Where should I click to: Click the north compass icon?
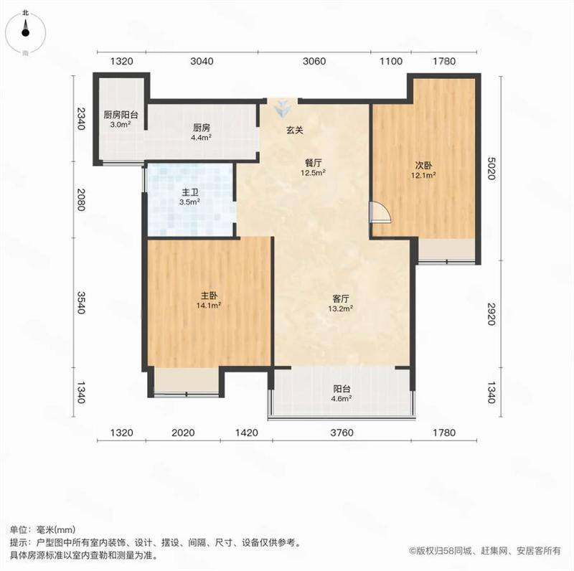click(25, 32)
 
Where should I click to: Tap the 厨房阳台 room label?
click(121, 115)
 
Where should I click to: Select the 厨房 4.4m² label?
click(202, 133)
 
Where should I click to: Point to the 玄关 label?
click(295, 130)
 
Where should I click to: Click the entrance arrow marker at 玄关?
click(282, 108)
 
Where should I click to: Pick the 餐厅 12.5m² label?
click(314, 167)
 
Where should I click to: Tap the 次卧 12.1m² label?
click(423, 170)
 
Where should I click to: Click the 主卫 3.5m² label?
click(189, 197)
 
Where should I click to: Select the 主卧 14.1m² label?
click(209, 300)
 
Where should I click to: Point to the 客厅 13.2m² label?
click(340, 303)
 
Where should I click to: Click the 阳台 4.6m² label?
click(342, 394)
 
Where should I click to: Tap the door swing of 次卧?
click(381, 212)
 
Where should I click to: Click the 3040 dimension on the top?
click(202, 61)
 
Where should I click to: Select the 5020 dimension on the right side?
click(491, 169)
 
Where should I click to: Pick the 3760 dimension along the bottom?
click(342, 433)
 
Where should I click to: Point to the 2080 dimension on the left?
click(80, 199)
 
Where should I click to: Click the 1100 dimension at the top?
click(391, 61)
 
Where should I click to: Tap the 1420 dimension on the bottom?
click(246, 433)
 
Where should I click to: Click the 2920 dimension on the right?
click(491, 313)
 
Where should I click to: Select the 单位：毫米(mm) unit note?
click(43, 529)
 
